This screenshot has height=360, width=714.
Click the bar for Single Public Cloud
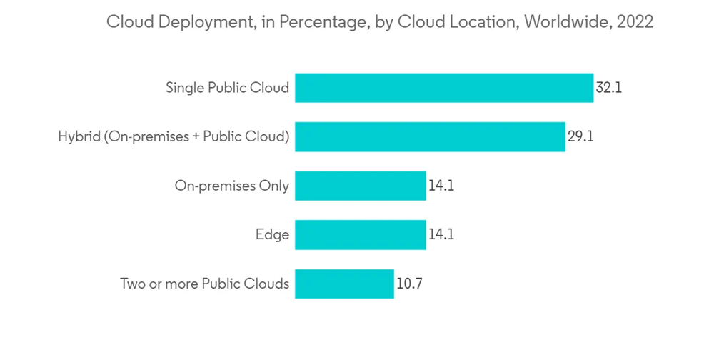[444, 88]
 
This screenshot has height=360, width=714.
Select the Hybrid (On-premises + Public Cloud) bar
[430, 136]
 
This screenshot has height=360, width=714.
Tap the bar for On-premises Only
[360, 186]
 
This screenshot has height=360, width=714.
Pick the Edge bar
[360, 234]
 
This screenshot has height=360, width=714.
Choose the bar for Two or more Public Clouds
[344, 284]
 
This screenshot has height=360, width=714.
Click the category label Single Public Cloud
[227, 88]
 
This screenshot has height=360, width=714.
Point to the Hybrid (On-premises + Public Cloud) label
[174, 136]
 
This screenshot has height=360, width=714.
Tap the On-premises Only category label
[232, 186]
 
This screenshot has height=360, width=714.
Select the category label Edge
[272, 234]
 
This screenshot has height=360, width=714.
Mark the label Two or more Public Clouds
[204, 284]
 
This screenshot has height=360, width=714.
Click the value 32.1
[609, 89]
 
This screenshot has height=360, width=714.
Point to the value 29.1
[580, 137]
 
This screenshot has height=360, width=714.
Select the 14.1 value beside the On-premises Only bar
[441, 186]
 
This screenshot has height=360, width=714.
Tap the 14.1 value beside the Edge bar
[441, 234]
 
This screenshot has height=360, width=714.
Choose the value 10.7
[409, 284]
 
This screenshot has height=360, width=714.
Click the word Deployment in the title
[201, 22]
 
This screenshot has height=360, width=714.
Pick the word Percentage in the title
[322, 22]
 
